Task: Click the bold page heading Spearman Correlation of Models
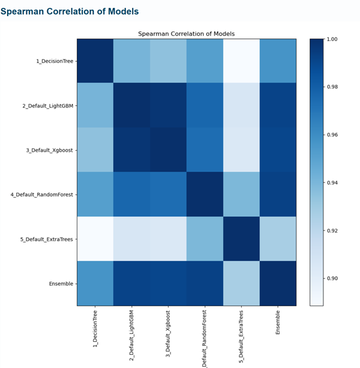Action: coord(69,11)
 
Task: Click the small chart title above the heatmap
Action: coord(187,34)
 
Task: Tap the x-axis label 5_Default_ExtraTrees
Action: coord(242,336)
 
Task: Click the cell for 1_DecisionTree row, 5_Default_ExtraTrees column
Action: coord(242,61)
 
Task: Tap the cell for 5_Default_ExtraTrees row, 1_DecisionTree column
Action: coord(95,239)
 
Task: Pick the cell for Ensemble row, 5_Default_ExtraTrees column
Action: coord(242,283)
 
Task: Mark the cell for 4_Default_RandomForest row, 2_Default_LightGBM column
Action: coord(132,195)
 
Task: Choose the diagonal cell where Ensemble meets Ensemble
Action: coord(278,283)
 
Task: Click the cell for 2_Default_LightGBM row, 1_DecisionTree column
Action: coord(95,106)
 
